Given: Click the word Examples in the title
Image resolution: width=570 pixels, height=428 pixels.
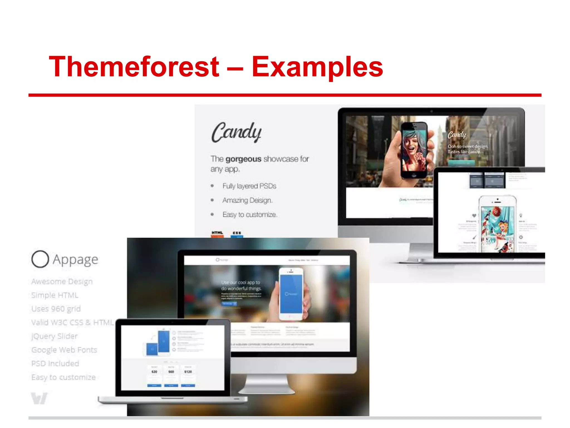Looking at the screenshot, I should click(x=317, y=67).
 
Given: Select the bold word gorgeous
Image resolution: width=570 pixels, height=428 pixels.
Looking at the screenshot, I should click(x=243, y=159).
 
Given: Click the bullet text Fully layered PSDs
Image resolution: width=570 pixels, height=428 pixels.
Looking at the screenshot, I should click(x=249, y=186).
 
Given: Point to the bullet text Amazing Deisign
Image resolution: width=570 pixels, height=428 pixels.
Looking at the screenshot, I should click(x=247, y=200).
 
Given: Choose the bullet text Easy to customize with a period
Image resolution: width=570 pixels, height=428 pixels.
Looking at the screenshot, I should click(x=250, y=215).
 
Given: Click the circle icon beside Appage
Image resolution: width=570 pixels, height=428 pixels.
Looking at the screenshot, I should click(x=40, y=259).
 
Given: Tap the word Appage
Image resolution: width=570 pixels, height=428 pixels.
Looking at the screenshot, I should click(x=75, y=259).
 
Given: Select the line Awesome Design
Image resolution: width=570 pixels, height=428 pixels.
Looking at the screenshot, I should click(x=62, y=281).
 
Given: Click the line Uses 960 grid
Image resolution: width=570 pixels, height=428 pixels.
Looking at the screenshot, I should click(x=56, y=309).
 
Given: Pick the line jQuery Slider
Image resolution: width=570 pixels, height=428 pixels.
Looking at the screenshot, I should click(x=55, y=336).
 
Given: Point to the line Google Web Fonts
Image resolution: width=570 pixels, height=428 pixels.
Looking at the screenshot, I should click(x=64, y=350).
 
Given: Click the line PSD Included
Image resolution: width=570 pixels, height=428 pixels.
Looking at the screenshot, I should click(x=55, y=363).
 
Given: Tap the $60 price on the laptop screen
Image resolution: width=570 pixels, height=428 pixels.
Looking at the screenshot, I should click(x=171, y=372).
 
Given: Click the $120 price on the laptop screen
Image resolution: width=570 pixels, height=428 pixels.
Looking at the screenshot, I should click(x=188, y=372).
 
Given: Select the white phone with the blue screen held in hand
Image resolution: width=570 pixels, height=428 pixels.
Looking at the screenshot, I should click(x=291, y=294).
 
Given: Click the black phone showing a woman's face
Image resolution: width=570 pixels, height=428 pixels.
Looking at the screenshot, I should click(x=414, y=150).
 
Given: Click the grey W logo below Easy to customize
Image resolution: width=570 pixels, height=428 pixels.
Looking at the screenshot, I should click(x=39, y=398).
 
